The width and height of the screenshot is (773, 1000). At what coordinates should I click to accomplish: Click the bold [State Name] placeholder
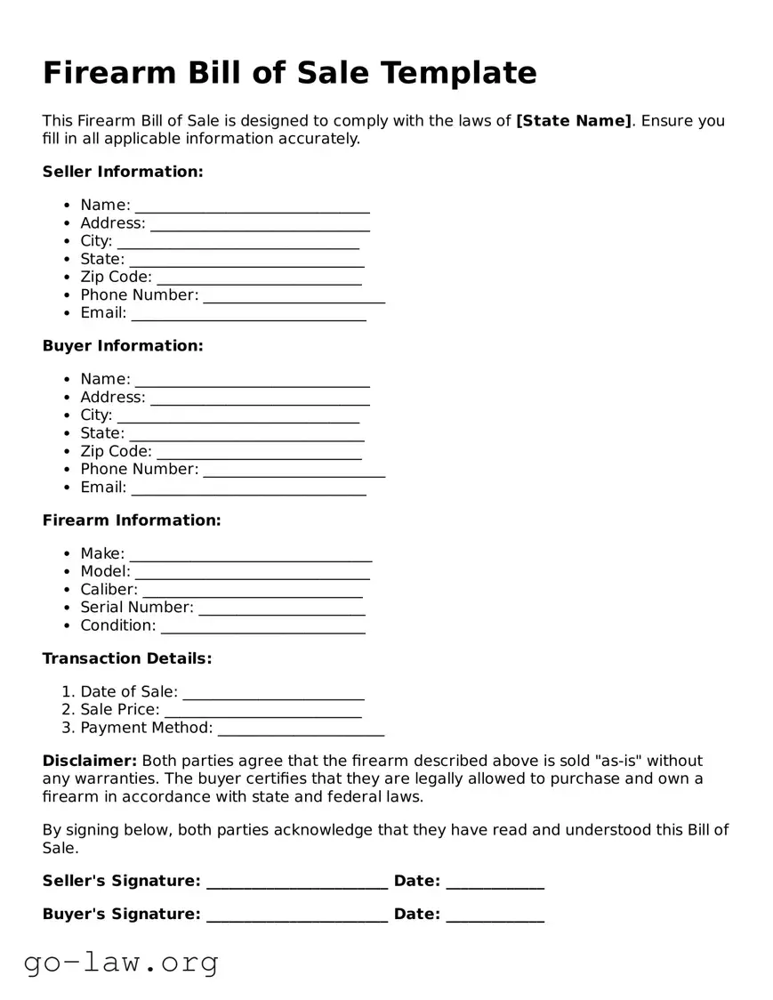(573, 121)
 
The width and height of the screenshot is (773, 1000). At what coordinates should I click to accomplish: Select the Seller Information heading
(123, 172)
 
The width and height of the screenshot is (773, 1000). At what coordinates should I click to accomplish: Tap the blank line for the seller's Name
(252, 207)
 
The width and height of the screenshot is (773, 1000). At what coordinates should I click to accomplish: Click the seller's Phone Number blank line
(294, 297)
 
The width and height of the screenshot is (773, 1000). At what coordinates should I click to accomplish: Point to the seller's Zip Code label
(116, 278)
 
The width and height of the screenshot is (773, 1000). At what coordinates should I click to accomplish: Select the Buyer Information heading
(123, 346)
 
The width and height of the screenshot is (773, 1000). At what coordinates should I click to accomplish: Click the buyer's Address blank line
(260, 399)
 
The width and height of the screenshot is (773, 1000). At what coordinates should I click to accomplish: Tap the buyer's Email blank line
(248, 489)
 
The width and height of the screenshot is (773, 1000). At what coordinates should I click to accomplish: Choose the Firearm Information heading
(132, 520)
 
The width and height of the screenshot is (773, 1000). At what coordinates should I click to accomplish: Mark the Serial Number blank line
(281, 609)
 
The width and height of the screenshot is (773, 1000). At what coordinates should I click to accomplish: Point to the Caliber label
(109, 590)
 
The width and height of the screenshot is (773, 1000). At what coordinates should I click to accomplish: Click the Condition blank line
(262, 628)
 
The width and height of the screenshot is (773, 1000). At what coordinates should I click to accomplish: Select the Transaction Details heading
(127, 659)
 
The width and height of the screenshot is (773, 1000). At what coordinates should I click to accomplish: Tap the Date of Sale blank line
(273, 694)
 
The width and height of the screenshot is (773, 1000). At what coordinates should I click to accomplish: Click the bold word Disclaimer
(90, 762)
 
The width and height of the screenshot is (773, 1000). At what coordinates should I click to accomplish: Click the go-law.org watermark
(121, 963)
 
